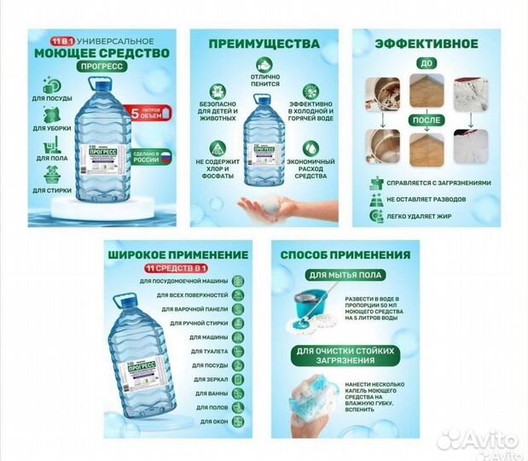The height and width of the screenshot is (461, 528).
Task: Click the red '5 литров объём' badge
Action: tap(151, 112)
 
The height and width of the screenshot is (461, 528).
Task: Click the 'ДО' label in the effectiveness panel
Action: tap(427, 63)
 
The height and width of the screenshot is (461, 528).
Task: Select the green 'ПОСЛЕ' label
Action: tap(426, 120)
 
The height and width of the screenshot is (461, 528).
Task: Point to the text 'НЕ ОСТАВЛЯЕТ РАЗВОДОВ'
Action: tap(431, 197)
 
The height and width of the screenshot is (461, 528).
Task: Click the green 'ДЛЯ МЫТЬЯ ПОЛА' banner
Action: tap(341, 276)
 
